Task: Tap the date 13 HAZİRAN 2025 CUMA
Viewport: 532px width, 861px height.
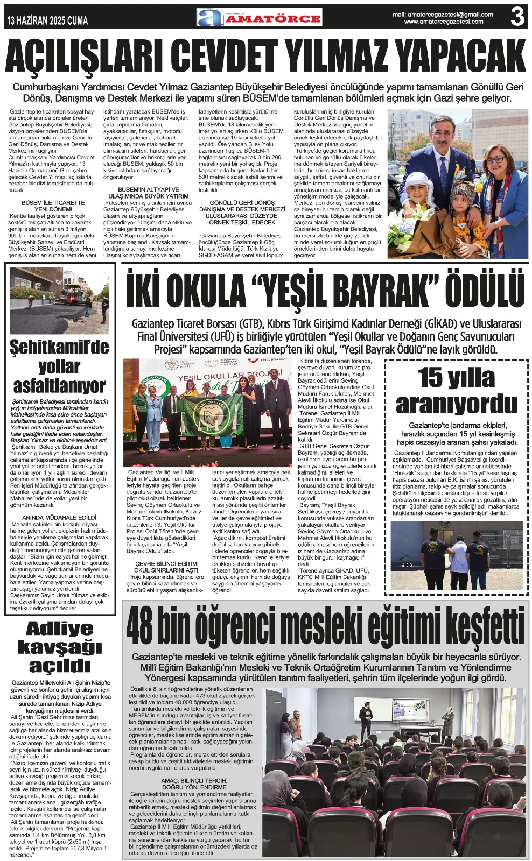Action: click(x=47, y=20)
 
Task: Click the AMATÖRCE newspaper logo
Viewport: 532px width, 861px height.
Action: click(x=259, y=18)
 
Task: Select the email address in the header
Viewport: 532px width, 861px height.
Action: click(x=443, y=15)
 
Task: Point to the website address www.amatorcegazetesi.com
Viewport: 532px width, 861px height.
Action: click(x=444, y=22)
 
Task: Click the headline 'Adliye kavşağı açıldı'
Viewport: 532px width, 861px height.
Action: click(x=60, y=647)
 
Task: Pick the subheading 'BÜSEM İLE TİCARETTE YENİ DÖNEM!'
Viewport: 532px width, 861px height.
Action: click(x=53, y=206)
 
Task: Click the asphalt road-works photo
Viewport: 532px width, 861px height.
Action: click(x=59, y=300)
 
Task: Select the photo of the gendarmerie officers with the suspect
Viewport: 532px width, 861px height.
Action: click(x=456, y=555)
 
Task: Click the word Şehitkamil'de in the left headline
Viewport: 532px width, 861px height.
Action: click(x=59, y=347)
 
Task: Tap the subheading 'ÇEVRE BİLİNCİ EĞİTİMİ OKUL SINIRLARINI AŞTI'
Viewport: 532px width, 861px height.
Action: click(x=166, y=567)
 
